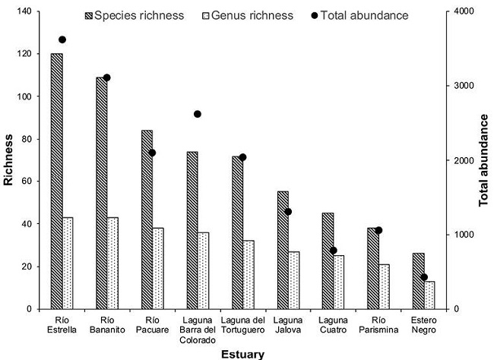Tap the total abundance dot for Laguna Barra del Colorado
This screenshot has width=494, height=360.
[x=198, y=114]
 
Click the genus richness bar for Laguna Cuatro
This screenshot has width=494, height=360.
[x=339, y=282]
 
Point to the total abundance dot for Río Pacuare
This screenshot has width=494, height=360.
[x=152, y=153]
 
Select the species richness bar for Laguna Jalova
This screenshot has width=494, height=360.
[x=283, y=250]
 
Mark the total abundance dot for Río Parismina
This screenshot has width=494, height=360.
[x=378, y=230]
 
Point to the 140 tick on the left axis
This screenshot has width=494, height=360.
[x=30, y=11]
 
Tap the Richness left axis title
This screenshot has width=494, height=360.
[x=9, y=160]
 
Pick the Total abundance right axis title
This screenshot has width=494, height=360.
[x=483, y=160]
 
